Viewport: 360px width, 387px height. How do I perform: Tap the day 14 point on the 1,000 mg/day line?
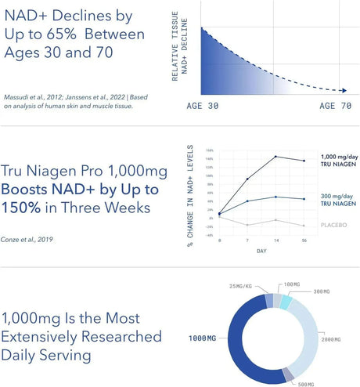click(275, 157)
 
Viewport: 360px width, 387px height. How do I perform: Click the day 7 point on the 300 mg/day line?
click(248, 201)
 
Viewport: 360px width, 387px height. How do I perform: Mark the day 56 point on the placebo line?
click(304, 225)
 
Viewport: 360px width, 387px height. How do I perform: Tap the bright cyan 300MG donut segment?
click(286, 302)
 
